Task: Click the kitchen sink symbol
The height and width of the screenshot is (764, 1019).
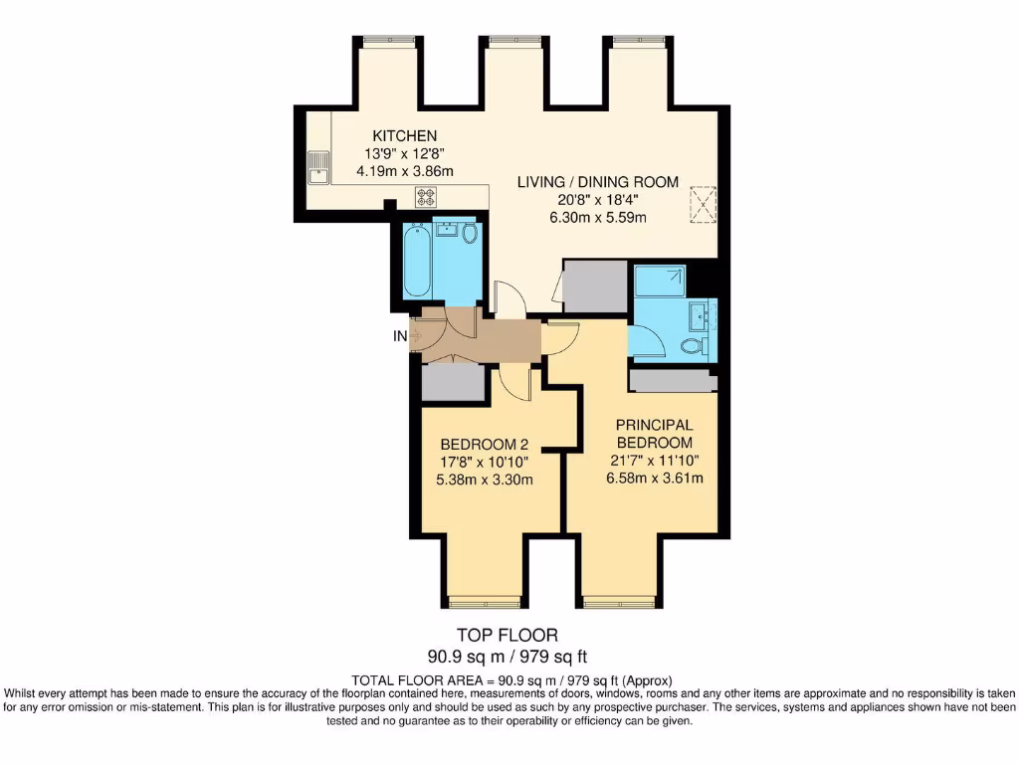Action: [x=318, y=167]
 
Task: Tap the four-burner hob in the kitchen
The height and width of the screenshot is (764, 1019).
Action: [x=427, y=196]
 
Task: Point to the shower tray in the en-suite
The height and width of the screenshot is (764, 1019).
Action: [x=659, y=282]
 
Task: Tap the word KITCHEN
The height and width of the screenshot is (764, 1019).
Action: [x=404, y=136]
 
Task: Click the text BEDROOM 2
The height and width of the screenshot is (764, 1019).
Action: [x=485, y=444]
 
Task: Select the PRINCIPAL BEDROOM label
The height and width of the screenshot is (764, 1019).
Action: [x=654, y=434]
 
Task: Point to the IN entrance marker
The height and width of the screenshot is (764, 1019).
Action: [x=400, y=336]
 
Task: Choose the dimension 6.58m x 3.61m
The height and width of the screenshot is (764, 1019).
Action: [x=654, y=477]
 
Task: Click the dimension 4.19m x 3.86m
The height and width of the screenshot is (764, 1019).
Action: [x=404, y=171]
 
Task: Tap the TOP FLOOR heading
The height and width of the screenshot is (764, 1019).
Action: [x=508, y=635]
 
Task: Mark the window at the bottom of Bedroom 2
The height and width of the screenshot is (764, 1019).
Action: [x=485, y=601]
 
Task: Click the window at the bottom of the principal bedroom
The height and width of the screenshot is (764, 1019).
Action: [x=620, y=601]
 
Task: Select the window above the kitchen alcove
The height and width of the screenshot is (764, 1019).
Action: [x=388, y=41]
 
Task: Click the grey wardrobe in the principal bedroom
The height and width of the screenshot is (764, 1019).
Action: [x=673, y=380]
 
